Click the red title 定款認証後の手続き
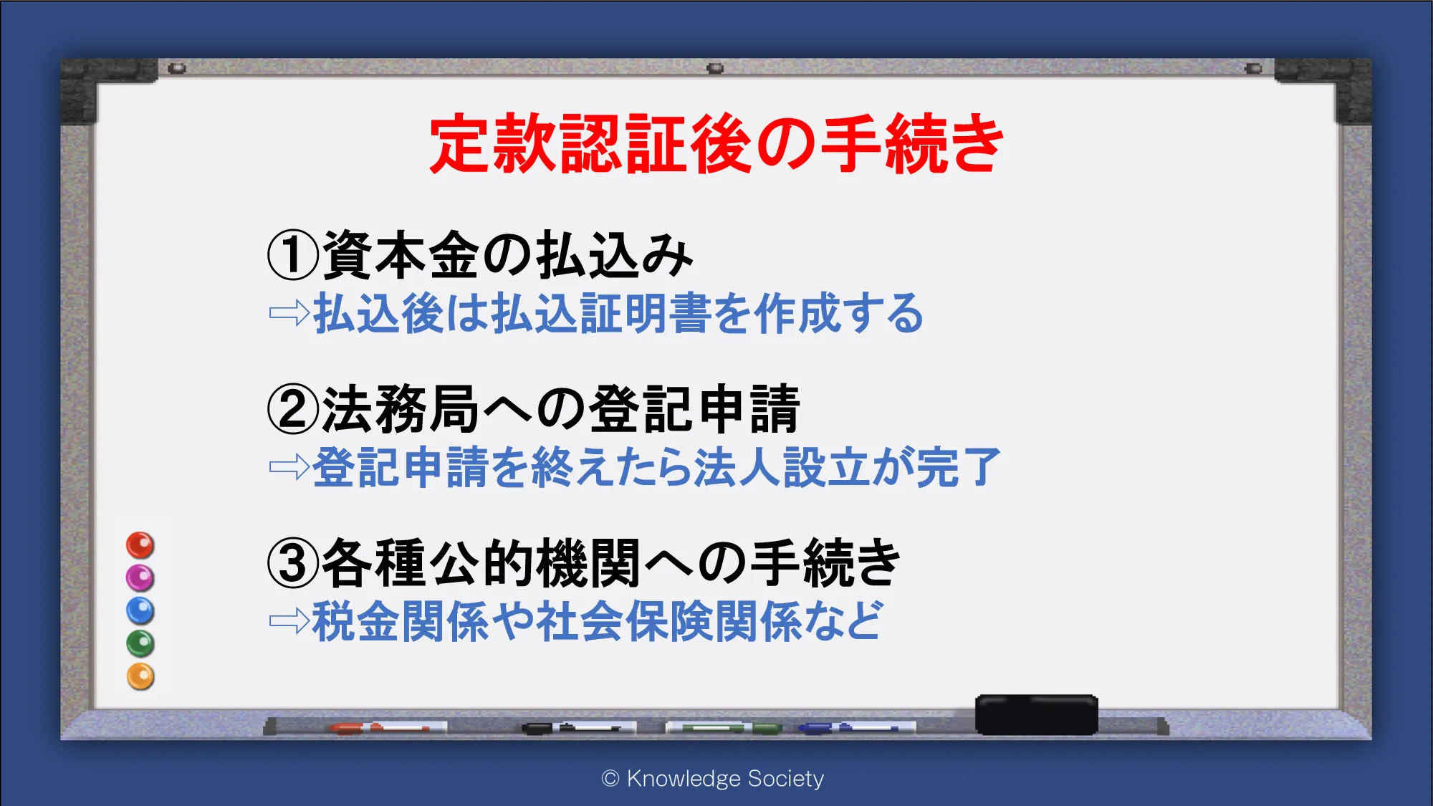point(716,143)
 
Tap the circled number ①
point(293,256)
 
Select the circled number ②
point(293,409)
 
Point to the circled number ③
point(293,563)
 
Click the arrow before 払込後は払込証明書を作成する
point(289,313)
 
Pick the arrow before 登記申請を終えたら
point(289,467)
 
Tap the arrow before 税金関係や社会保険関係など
point(289,621)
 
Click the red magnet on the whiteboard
point(140,545)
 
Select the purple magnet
point(140,577)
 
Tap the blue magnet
point(140,610)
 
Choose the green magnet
point(140,643)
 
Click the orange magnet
point(140,676)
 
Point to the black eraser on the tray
point(1037,714)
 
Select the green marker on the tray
point(724,729)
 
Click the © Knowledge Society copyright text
point(713,779)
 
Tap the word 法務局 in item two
point(401,409)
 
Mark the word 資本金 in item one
point(401,256)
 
